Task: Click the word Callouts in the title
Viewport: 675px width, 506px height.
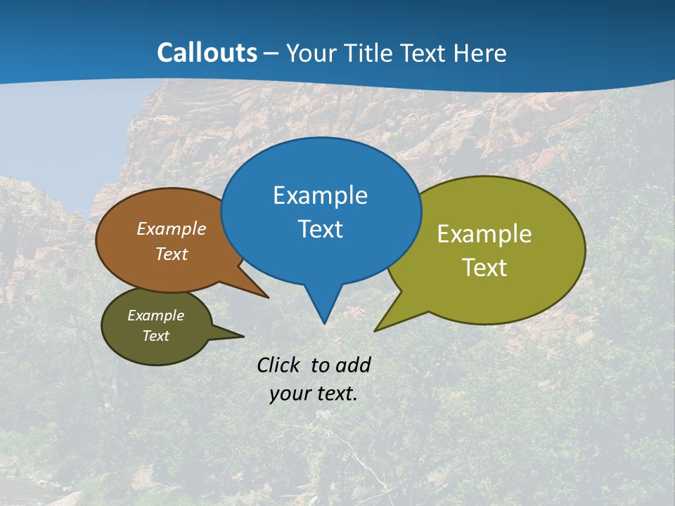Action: click(x=207, y=53)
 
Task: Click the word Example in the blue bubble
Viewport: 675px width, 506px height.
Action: click(x=320, y=195)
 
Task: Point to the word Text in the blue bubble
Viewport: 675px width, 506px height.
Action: click(x=320, y=229)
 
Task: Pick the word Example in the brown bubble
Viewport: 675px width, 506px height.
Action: click(x=172, y=228)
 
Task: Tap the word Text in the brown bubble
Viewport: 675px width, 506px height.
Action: click(x=172, y=254)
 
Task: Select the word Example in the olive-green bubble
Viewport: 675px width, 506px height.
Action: click(x=484, y=234)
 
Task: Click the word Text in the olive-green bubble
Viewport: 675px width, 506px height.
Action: click(x=484, y=268)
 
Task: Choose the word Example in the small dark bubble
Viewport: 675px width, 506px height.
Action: click(x=155, y=316)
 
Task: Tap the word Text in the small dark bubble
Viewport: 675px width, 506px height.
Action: click(x=155, y=336)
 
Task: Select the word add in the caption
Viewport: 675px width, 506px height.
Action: click(x=352, y=365)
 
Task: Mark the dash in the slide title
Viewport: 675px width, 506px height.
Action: click(x=272, y=53)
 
